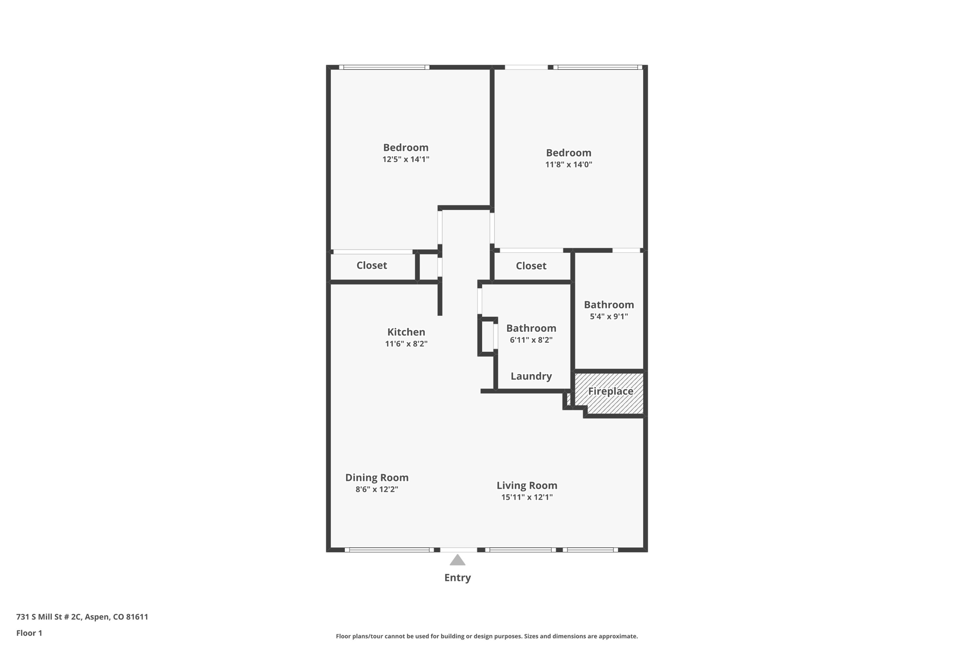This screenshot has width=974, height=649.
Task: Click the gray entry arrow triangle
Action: [x=457, y=560]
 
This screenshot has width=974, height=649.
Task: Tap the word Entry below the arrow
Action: [x=457, y=578]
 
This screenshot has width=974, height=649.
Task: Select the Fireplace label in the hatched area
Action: [x=610, y=391]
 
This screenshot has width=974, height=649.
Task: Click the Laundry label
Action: [x=531, y=376]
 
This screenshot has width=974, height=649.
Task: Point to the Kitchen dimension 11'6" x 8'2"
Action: [x=406, y=344]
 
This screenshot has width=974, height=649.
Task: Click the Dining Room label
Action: [x=377, y=477]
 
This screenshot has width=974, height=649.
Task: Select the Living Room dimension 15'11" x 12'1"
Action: [x=526, y=497]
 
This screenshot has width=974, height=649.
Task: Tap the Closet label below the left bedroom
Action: [x=371, y=265]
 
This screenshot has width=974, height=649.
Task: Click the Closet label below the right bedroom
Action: [x=531, y=266]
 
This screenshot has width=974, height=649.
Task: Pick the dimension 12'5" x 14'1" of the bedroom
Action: [x=406, y=159]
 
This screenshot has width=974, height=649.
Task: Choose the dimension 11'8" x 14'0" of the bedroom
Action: [x=568, y=165]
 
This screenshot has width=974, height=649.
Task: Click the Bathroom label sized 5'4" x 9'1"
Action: [x=609, y=305]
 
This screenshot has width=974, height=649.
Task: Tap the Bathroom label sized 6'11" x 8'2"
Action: [x=531, y=328]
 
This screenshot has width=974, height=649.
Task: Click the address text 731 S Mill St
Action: [x=82, y=617]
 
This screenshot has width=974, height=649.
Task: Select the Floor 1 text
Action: [x=29, y=633]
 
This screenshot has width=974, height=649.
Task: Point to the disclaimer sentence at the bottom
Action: [x=487, y=636]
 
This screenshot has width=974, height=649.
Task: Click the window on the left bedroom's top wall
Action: [x=384, y=68]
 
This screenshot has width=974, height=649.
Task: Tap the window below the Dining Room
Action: [x=389, y=550]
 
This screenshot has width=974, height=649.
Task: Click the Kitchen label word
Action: [x=406, y=332]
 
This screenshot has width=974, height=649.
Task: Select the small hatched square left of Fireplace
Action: [x=568, y=399]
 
